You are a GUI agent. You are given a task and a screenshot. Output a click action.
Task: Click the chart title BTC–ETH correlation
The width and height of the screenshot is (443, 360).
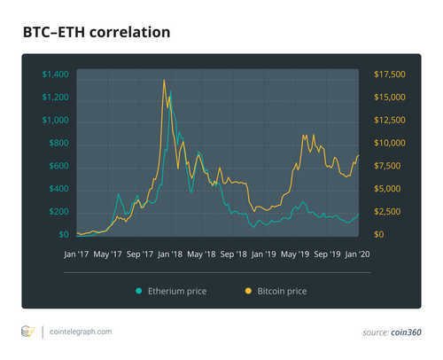point(96,34)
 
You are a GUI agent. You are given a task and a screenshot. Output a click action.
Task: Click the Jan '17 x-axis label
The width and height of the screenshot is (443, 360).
point(78,254)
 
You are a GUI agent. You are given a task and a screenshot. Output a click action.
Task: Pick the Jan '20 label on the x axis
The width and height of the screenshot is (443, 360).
point(359,254)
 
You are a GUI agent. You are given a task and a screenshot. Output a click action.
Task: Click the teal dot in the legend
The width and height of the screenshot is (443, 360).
point(139,290)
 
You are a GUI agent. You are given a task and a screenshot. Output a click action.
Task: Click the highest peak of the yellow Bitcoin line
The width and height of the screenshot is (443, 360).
point(164,81)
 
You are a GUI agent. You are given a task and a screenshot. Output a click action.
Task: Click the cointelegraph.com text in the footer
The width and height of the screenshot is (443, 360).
point(81,332)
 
